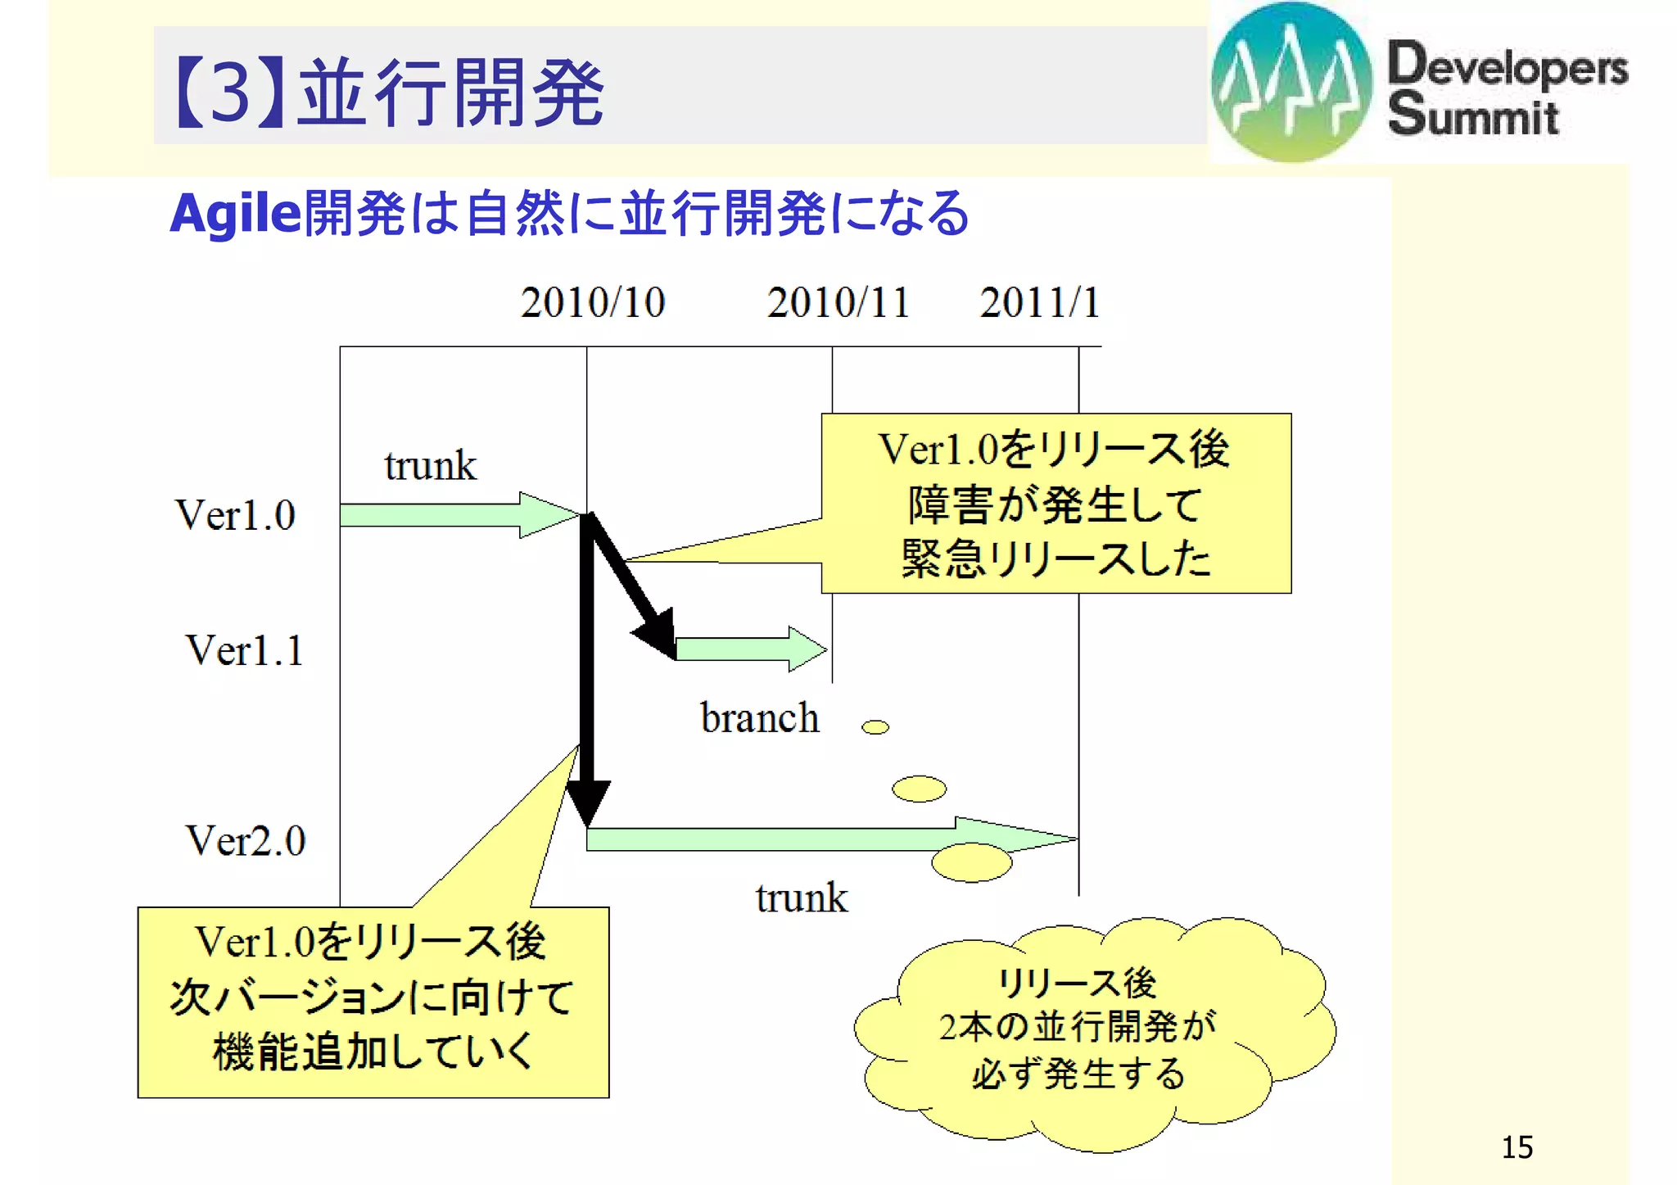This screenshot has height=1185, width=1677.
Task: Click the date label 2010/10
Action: (592, 303)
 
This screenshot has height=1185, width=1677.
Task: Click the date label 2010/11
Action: (838, 303)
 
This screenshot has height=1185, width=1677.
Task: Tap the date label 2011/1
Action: (1039, 303)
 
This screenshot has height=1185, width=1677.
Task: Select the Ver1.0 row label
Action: (235, 516)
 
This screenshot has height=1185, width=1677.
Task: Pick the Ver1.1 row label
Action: (244, 651)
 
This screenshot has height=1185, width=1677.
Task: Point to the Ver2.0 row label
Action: (245, 841)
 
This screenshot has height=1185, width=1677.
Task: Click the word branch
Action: (759, 719)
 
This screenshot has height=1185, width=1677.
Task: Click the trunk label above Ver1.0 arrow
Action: (430, 466)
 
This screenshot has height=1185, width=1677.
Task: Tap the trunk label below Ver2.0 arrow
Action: (801, 898)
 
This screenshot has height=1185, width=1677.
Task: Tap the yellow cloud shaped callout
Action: (1089, 1032)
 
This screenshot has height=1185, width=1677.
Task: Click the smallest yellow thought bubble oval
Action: (875, 727)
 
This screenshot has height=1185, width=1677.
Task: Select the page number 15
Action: (1517, 1147)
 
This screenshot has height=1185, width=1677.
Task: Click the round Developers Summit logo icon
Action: (1291, 82)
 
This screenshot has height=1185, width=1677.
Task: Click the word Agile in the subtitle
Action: (235, 215)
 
